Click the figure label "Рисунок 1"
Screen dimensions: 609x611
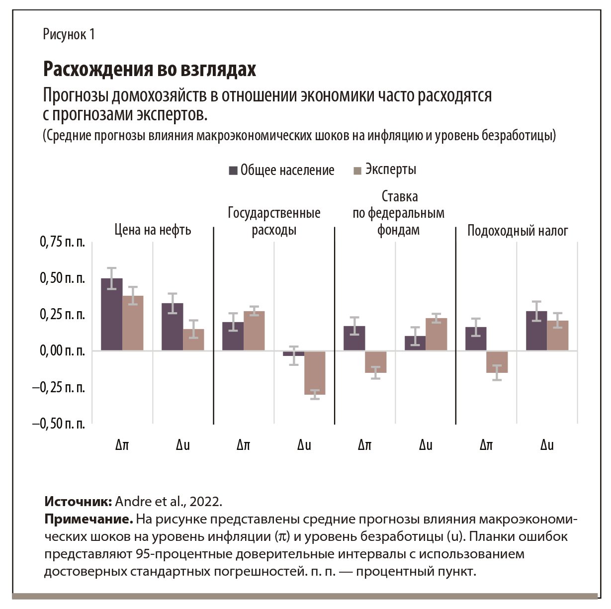tap(69, 34)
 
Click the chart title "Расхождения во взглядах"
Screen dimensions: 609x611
tap(149, 69)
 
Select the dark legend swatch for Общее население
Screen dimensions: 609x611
tap(233, 171)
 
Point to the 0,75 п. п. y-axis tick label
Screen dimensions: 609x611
tap(62, 242)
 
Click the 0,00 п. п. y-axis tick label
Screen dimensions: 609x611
tap(62, 351)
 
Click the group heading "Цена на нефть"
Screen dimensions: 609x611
tap(153, 230)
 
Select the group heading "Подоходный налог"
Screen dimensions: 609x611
tap(518, 231)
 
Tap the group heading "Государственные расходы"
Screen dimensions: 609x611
tap(274, 221)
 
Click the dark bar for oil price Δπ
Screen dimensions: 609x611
tap(112, 315)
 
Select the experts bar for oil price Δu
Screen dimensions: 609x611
tap(193, 340)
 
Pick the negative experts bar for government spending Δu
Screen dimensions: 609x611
tap(315, 373)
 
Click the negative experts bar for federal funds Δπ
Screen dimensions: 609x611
tap(375, 362)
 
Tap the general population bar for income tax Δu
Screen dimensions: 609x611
tap(536, 331)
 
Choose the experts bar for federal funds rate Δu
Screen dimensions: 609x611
tap(436, 334)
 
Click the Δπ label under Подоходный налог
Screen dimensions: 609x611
tap(486, 445)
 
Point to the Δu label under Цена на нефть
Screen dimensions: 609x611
tap(183, 445)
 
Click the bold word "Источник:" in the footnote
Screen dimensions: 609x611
tap(78, 501)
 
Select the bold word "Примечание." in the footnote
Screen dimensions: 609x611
tap(88, 520)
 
